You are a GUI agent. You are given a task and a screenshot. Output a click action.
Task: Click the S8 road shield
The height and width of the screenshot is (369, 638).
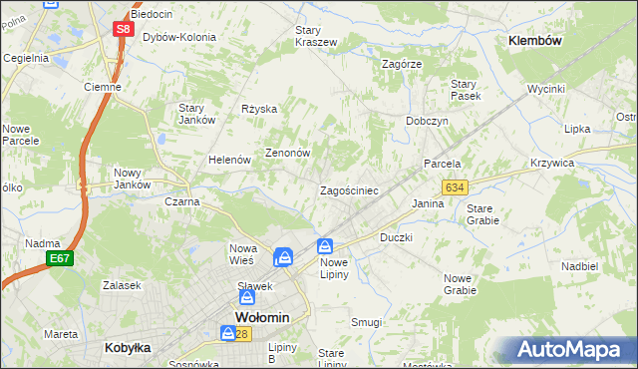[122, 29]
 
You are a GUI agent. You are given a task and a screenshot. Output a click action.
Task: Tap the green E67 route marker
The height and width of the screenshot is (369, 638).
[60, 258]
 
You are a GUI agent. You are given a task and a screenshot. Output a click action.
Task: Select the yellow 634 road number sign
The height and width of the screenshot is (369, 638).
[456, 186]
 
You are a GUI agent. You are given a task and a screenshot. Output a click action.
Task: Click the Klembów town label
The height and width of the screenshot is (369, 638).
[535, 41]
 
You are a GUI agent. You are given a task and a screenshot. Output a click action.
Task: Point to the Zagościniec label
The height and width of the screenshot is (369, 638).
[348, 190]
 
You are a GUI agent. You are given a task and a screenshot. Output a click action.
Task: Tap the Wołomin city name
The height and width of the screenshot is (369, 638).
[261, 318]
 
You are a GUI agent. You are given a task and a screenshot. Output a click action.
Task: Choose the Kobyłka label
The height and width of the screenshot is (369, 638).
[128, 348]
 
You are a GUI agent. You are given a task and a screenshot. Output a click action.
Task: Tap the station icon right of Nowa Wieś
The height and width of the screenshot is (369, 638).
[284, 256]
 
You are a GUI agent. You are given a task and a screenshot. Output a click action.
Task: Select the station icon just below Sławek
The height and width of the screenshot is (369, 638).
[247, 297]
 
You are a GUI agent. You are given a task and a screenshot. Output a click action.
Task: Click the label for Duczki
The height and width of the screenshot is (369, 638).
[396, 239]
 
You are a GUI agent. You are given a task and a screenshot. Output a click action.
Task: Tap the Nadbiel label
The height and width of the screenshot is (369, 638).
[579, 266]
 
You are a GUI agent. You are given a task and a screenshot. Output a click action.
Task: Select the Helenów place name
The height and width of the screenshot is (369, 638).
[228, 160]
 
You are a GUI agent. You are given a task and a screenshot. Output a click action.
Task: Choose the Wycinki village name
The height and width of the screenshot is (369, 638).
[546, 89]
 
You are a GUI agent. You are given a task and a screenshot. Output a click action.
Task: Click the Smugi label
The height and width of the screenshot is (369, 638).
[367, 322]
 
